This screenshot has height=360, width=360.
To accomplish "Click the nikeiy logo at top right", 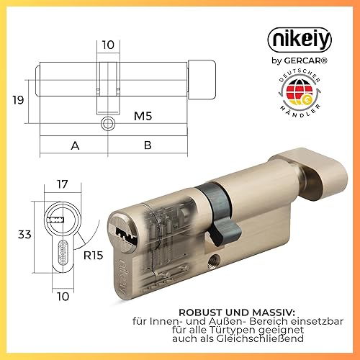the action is click(300, 40).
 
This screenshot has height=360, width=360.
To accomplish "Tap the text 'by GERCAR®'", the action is click(300, 60).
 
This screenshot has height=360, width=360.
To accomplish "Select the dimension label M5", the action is click(143, 116).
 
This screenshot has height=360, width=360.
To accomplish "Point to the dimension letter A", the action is click(75, 145).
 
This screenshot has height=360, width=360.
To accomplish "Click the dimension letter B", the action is click(148, 145).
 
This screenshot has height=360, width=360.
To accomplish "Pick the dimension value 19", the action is click(18, 99).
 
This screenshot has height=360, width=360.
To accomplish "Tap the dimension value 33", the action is click(24, 235).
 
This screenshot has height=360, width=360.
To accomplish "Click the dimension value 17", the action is click(63, 184).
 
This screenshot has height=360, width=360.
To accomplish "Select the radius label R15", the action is click(93, 256).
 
